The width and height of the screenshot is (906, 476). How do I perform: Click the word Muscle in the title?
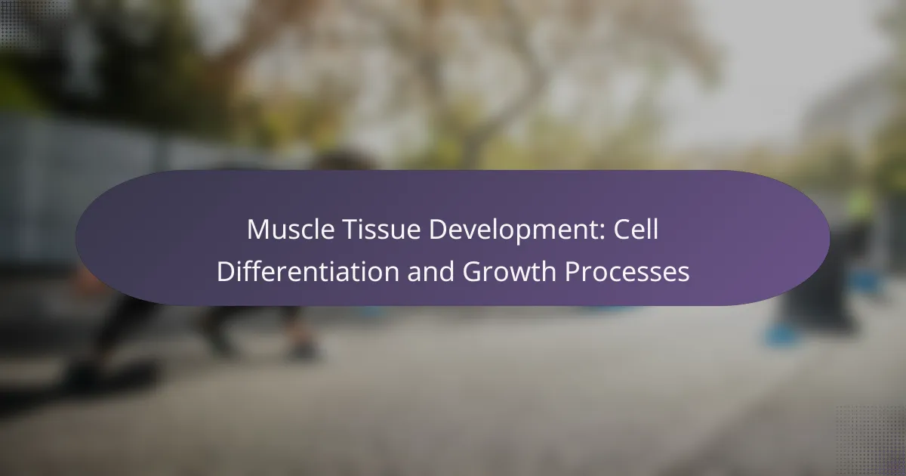pyautogui.click(x=291, y=230)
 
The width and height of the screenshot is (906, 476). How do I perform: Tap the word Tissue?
pyautogui.click(x=381, y=230)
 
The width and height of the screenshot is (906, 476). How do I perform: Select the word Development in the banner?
pyautogui.click(x=517, y=230)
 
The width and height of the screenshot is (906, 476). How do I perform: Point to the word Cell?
pyautogui.click(x=636, y=230)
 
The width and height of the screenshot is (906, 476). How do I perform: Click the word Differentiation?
pyautogui.click(x=308, y=271)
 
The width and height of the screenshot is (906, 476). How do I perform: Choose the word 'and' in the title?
pyautogui.click(x=431, y=271)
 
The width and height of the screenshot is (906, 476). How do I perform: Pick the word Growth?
pyautogui.click(x=510, y=271)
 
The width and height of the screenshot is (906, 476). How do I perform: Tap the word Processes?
pyautogui.click(x=627, y=271)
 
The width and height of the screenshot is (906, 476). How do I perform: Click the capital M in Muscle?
pyautogui.click(x=257, y=230)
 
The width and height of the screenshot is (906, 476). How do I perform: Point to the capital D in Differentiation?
pyautogui.click(x=226, y=271)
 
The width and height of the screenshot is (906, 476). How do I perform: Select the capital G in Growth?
pyautogui.click(x=472, y=271)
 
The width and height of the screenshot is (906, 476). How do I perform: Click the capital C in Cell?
pyautogui.click(x=622, y=230)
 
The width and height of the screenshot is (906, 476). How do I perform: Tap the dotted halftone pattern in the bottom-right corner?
pyautogui.click(x=871, y=441)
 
